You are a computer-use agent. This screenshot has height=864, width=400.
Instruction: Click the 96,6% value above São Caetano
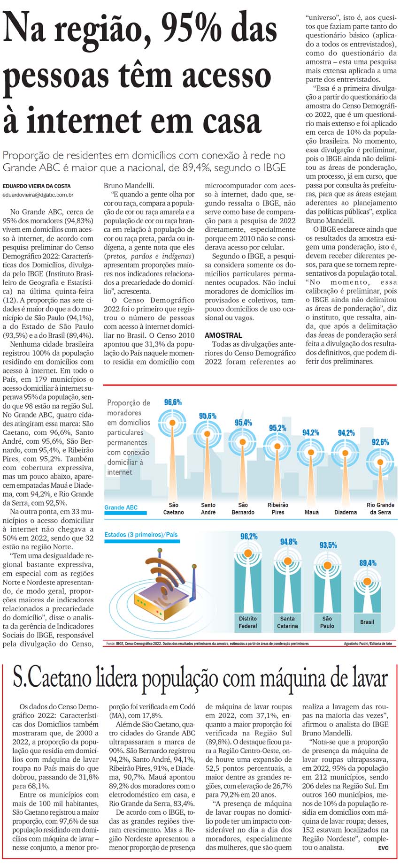(173, 402)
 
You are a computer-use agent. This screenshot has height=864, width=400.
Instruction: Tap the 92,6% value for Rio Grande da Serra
(380, 442)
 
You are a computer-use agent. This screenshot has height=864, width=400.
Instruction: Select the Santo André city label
(208, 508)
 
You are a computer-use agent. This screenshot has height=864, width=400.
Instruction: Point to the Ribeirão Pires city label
(278, 508)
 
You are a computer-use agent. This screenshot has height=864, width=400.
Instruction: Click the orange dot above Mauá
(311, 452)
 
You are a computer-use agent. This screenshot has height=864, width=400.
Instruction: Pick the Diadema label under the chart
(346, 512)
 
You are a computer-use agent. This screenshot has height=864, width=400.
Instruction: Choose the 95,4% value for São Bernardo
(243, 423)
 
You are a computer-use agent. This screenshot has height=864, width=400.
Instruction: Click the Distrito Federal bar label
(248, 622)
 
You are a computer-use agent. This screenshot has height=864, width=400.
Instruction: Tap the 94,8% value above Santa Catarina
(289, 542)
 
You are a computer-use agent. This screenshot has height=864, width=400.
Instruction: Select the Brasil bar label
(367, 622)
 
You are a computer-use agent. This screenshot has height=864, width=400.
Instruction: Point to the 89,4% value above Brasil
(368, 563)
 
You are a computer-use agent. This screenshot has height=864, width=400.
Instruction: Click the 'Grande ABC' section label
(121, 508)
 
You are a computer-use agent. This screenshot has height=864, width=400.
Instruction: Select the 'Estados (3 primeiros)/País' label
(141, 534)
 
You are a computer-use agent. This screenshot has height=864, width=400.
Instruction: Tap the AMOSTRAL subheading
(223, 335)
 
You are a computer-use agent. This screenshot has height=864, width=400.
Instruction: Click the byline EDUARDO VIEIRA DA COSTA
(37, 186)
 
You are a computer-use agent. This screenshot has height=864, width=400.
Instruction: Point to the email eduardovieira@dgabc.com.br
(38, 194)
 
